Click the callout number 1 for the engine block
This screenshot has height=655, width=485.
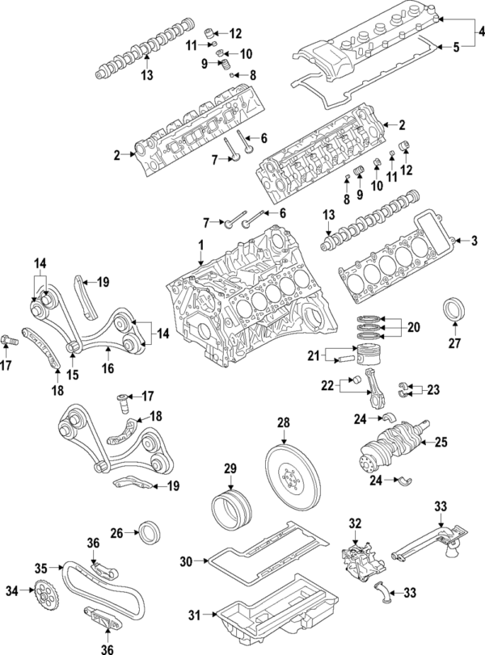coord(201,244)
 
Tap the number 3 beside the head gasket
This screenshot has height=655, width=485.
coord(474,241)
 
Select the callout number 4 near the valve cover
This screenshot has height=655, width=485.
coord(480,31)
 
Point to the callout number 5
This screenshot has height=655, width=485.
coord(455,48)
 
